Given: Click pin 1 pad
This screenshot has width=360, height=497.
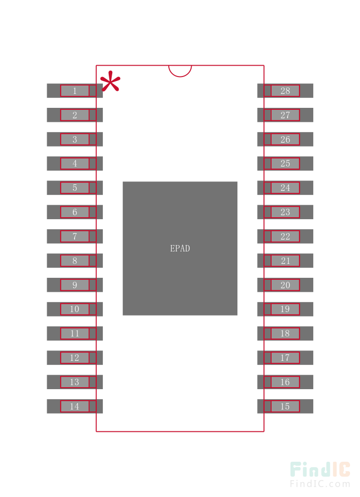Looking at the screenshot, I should (x=75, y=90).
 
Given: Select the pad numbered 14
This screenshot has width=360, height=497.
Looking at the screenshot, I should (x=75, y=406).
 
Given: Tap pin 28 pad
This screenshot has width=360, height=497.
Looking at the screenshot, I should (x=285, y=90).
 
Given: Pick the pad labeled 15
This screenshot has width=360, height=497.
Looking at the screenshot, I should (x=285, y=406).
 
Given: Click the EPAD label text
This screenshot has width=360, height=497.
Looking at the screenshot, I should (x=180, y=248).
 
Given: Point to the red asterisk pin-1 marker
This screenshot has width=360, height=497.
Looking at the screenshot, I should (x=110, y=82).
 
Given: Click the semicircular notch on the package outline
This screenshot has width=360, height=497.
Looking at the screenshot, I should (x=180, y=71).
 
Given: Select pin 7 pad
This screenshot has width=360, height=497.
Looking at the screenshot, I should (x=75, y=236).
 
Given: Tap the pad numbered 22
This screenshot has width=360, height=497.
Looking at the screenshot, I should (x=285, y=236).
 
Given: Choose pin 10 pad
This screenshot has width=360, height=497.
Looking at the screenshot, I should (x=75, y=309).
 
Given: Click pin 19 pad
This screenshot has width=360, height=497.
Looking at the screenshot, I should (x=285, y=309).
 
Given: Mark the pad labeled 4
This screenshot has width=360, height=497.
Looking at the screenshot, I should (x=75, y=164).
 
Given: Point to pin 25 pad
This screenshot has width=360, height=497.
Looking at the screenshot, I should (x=285, y=164).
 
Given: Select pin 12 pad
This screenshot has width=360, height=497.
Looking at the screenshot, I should (x=75, y=358).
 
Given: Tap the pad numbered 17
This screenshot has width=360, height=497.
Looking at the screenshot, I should (x=285, y=358).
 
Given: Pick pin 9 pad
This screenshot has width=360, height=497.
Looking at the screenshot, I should (x=75, y=285).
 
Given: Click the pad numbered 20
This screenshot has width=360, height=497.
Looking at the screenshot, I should (x=285, y=285).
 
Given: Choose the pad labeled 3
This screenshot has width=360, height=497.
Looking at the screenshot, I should (x=75, y=139).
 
